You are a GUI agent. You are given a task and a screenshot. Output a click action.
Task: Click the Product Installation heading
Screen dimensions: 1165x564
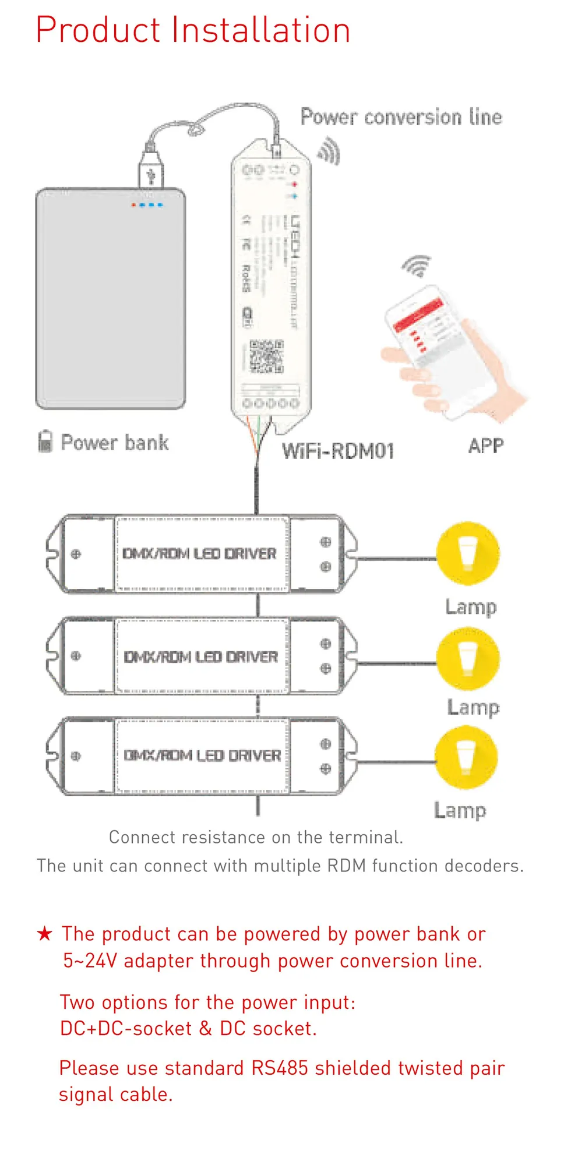click(193, 30)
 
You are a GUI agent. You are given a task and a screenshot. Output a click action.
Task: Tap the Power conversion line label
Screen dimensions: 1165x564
click(401, 117)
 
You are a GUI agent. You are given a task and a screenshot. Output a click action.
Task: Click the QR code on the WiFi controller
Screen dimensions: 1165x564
click(266, 356)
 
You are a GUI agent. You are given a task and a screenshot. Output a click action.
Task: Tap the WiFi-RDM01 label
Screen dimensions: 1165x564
click(338, 451)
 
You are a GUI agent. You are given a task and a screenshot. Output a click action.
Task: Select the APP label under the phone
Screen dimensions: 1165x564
click(485, 446)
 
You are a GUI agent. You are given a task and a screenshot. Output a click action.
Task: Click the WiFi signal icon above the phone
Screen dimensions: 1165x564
click(417, 266)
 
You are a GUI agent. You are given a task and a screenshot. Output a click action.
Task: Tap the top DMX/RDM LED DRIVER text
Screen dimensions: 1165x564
click(199, 553)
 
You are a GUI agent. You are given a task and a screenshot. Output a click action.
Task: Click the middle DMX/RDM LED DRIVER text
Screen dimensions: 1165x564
click(200, 656)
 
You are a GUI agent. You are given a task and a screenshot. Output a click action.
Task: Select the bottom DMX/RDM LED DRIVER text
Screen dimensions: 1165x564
click(202, 756)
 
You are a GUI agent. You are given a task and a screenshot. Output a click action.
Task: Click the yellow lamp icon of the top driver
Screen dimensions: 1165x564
click(468, 553)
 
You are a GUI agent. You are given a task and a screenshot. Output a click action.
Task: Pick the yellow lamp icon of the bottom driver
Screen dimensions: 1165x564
click(466, 757)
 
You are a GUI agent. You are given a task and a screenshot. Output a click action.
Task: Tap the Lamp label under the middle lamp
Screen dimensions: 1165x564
click(473, 707)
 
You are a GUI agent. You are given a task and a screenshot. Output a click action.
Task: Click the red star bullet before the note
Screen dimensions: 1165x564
click(44, 934)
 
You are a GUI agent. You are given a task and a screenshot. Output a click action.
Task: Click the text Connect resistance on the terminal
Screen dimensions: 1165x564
click(256, 837)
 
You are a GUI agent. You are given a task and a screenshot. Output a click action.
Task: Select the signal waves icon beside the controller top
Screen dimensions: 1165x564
click(329, 151)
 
